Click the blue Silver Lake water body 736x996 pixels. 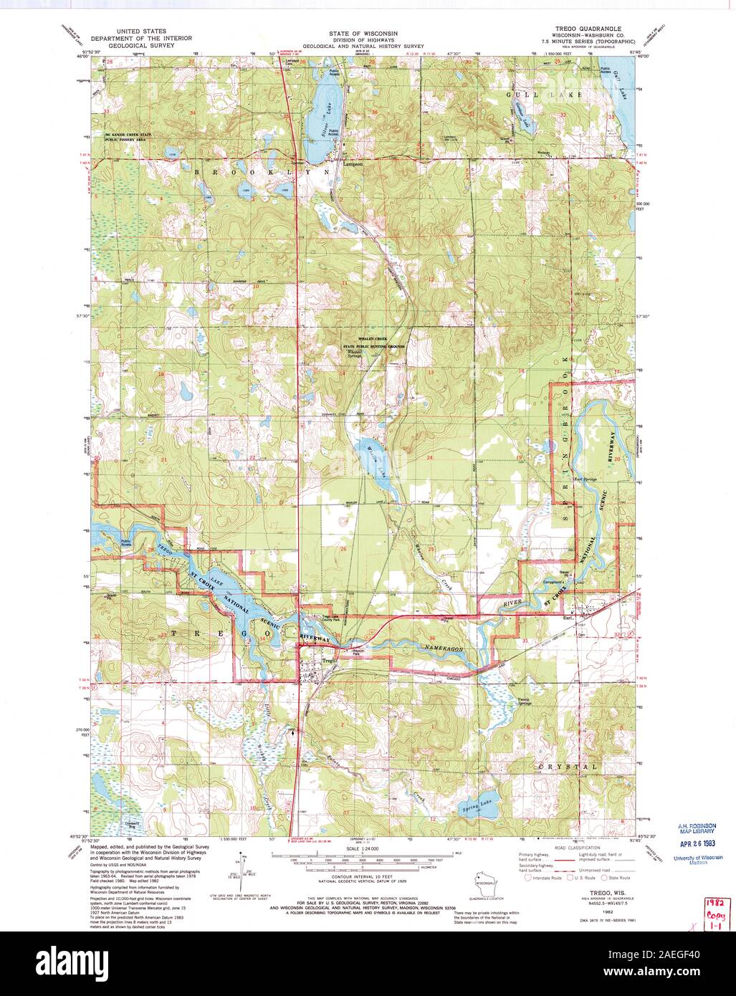tap(322, 115)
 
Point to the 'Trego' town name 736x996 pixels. tap(329, 660)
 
